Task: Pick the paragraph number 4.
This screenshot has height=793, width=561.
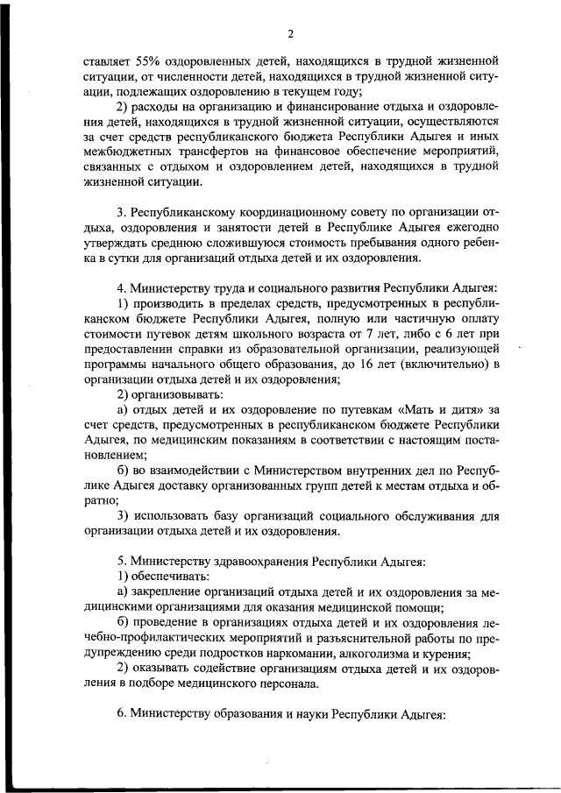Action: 121,287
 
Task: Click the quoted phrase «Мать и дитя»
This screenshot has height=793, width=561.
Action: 443,408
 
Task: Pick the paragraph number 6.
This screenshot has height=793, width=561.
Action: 121,713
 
